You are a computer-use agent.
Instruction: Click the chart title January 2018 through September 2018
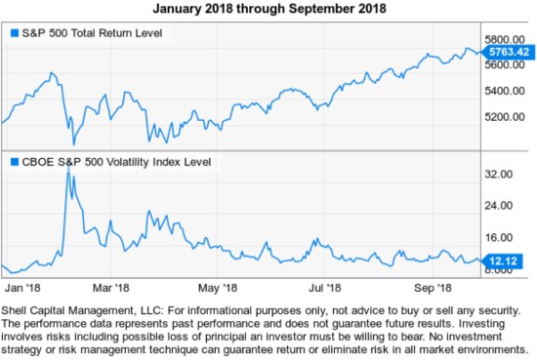[269, 10]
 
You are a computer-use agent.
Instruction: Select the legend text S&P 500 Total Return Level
[92, 34]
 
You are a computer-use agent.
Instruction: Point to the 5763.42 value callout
[509, 50]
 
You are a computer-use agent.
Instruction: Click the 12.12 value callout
[503, 260]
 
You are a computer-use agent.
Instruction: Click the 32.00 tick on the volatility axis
[500, 174]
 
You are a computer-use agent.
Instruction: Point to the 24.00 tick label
[500, 206]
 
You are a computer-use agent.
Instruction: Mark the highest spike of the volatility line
[67, 168]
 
